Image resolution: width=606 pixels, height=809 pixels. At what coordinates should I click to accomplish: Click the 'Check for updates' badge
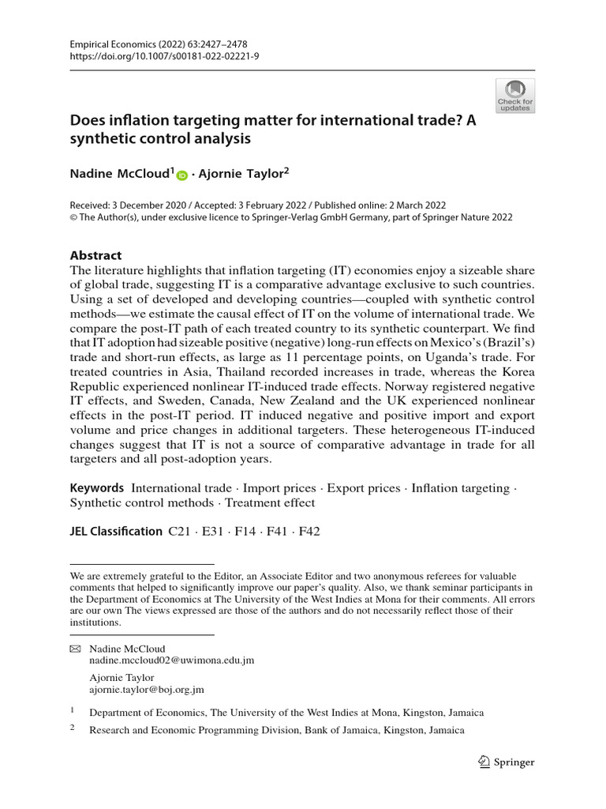point(514,96)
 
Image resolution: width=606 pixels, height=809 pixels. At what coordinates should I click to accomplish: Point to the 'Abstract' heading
point(96,255)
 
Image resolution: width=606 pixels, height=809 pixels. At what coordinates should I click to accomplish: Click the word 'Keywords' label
point(97,488)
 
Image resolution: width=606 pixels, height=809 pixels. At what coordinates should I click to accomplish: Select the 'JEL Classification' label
point(116,531)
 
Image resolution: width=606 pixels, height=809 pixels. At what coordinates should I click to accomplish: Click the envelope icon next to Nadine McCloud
point(76,649)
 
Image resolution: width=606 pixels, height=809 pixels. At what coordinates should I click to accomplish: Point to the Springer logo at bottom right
point(507,762)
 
